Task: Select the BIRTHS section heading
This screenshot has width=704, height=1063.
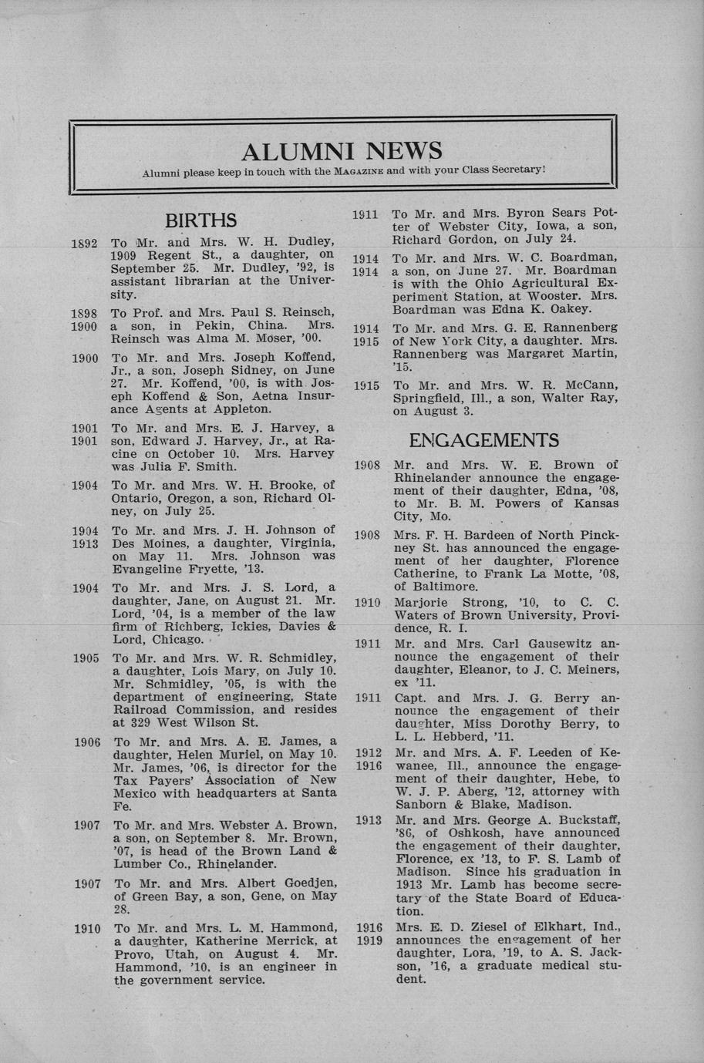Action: tap(200, 221)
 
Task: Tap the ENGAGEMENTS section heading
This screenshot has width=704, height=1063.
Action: tap(483, 440)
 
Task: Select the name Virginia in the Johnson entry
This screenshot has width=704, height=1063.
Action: tap(296, 543)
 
